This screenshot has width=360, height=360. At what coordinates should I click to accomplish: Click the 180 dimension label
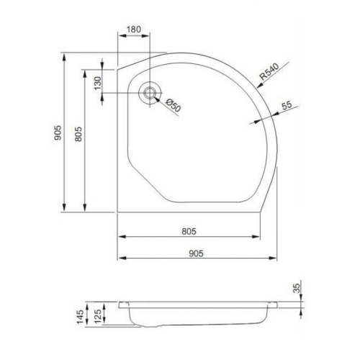(134, 31)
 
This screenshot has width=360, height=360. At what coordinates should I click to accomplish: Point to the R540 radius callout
(269, 71)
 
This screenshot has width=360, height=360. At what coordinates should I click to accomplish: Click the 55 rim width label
(287, 106)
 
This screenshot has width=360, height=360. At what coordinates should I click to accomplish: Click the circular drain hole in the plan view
(150, 91)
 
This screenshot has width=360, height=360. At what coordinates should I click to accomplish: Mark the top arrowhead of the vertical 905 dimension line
(65, 55)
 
